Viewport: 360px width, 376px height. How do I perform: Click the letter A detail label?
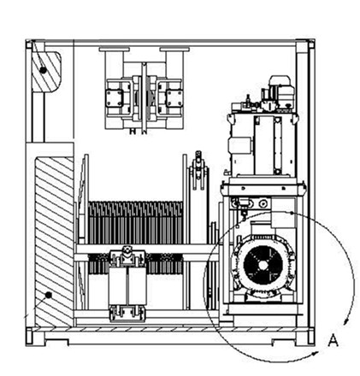333,340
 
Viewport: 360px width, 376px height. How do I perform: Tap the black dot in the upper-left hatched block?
43,70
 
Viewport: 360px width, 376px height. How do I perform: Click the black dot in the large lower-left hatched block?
49,295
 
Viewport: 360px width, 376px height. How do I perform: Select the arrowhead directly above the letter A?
346,321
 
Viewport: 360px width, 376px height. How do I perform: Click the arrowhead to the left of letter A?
315,354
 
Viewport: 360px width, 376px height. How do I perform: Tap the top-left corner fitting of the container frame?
29,44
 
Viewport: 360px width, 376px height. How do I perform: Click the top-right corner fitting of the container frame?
311,44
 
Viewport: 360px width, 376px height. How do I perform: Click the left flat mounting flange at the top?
115,50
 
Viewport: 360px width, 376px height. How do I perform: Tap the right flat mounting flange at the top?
174,50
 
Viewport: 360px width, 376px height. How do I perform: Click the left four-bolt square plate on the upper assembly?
115,98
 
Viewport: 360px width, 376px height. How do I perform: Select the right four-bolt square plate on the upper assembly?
174,98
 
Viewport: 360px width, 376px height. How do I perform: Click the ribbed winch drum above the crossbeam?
136,222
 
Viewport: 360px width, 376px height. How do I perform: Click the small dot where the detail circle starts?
291,213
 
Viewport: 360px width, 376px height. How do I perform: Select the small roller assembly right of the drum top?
198,170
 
